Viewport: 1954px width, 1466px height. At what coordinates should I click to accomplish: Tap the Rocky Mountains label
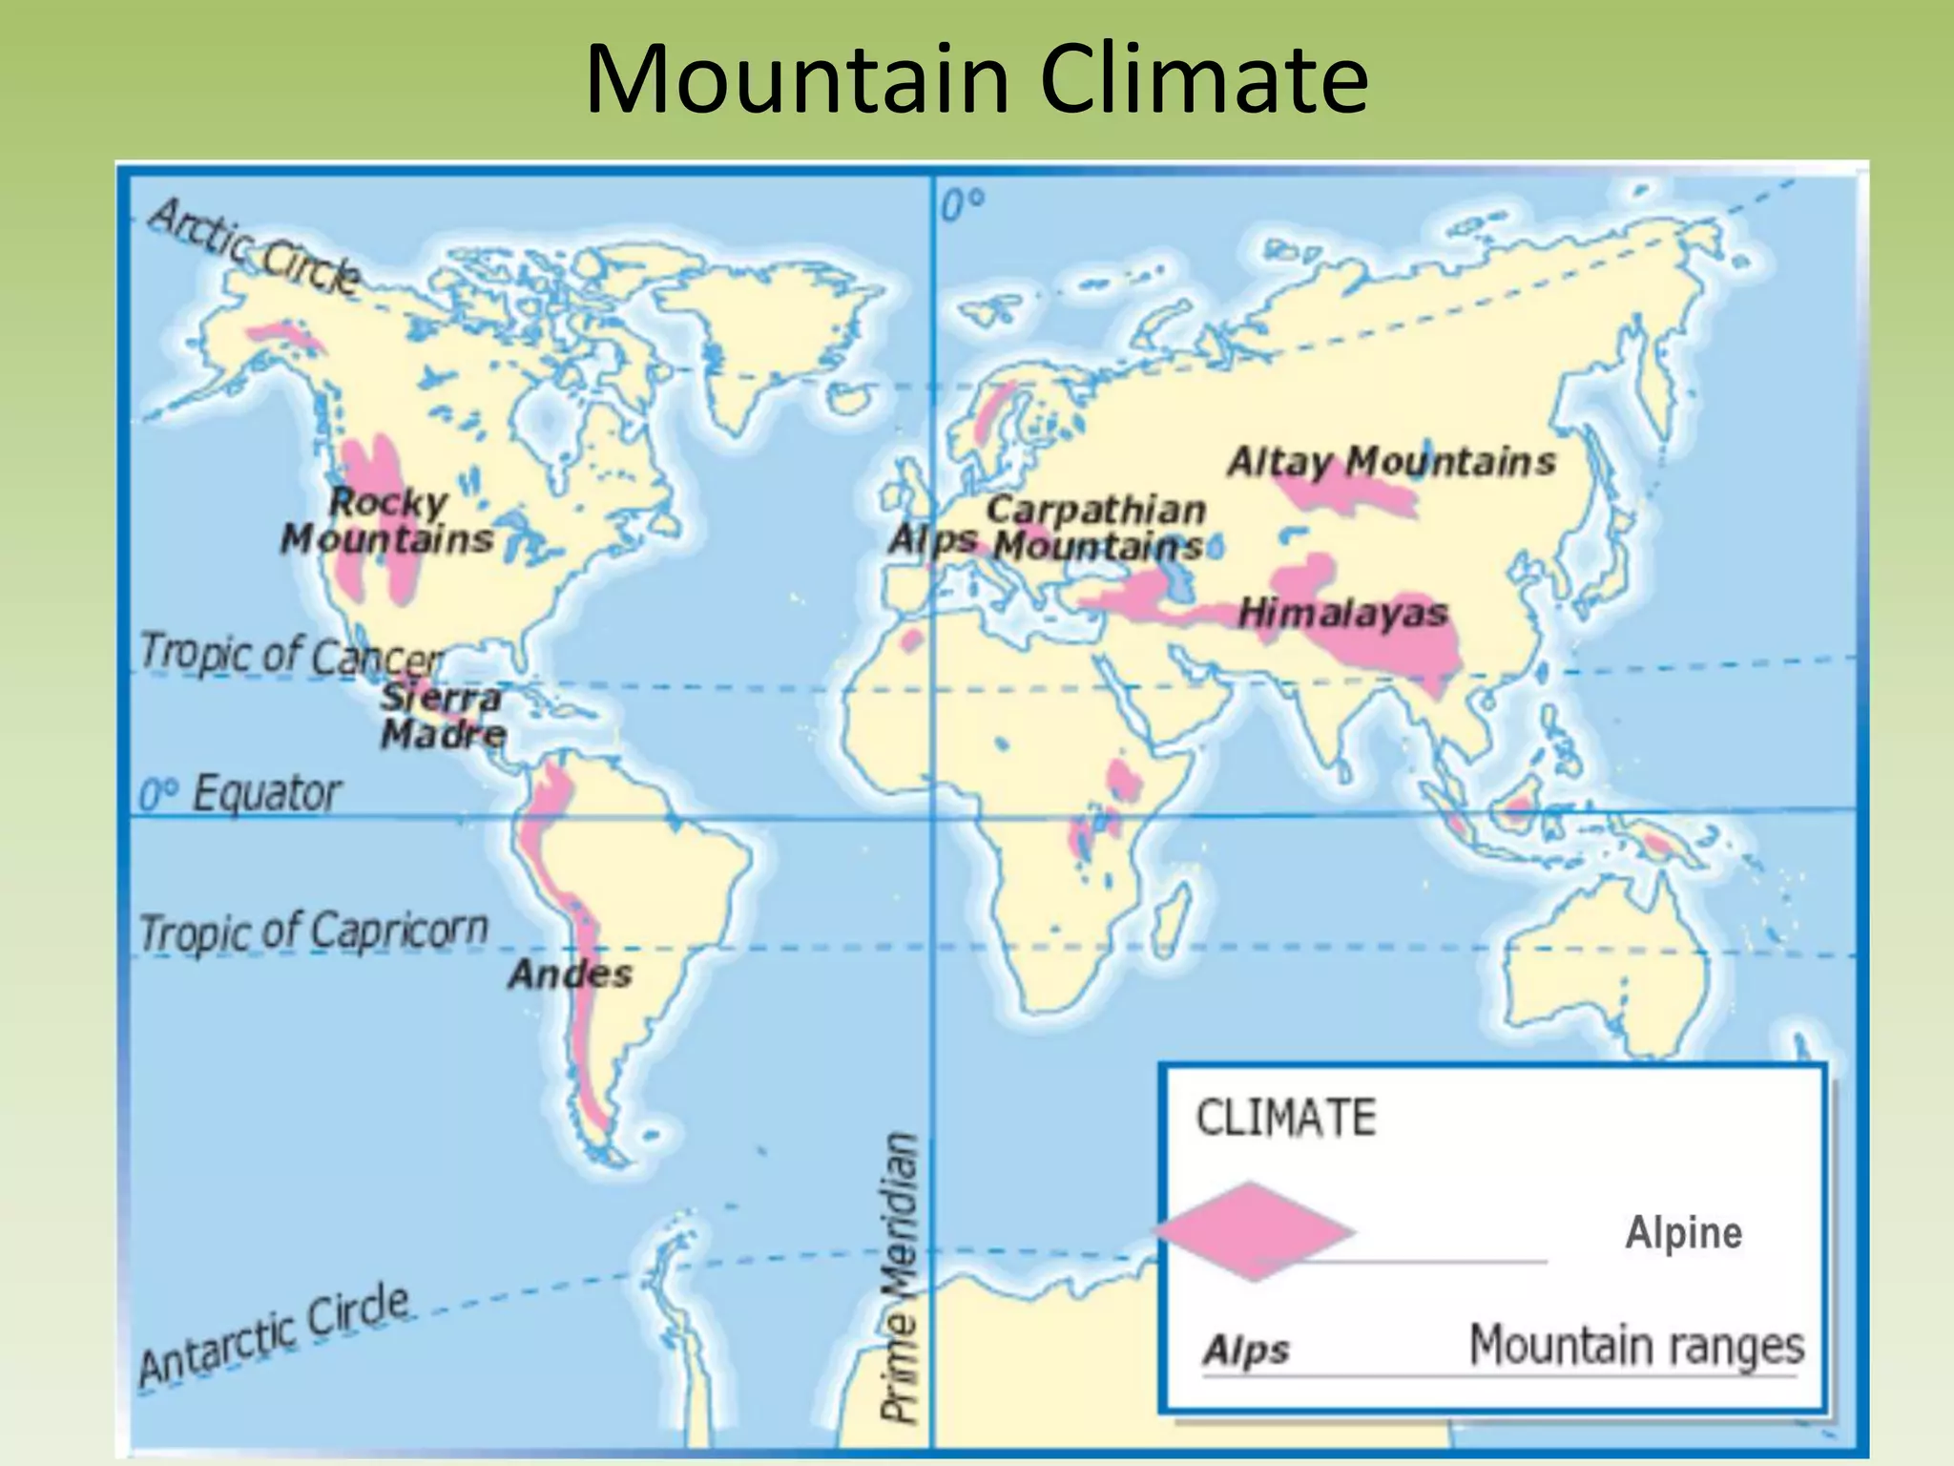[x=387, y=521]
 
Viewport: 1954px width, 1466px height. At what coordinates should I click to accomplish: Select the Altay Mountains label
[x=1391, y=462]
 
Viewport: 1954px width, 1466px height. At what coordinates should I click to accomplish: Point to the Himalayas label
[x=1342, y=613]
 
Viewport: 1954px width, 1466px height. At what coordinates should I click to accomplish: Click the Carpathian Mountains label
[x=1096, y=528]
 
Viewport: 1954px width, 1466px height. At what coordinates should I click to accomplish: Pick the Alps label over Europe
[x=932, y=540]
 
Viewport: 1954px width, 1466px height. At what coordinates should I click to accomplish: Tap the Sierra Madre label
[x=442, y=716]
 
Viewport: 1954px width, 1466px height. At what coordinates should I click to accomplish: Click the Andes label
[x=570, y=974]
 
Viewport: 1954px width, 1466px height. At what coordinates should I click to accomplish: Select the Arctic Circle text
[x=254, y=246]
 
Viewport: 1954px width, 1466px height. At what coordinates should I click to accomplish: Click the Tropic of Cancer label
[x=291, y=655]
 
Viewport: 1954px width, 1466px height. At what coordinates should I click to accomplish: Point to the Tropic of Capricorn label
[x=313, y=931]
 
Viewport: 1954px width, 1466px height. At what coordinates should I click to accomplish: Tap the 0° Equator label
[x=239, y=793]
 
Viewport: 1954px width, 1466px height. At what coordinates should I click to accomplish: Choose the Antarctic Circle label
[x=274, y=1336]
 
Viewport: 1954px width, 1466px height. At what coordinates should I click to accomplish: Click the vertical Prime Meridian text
[x=899, y=1278]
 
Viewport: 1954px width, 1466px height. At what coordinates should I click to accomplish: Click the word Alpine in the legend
[x=1683, y=1232]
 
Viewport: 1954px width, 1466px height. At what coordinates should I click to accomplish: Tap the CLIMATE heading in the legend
[x=1285, y=1118]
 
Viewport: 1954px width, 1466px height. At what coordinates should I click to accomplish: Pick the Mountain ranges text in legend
[x=1635, y=1346]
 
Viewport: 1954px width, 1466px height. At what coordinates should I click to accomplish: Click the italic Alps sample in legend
[x=1245, y=1351]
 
